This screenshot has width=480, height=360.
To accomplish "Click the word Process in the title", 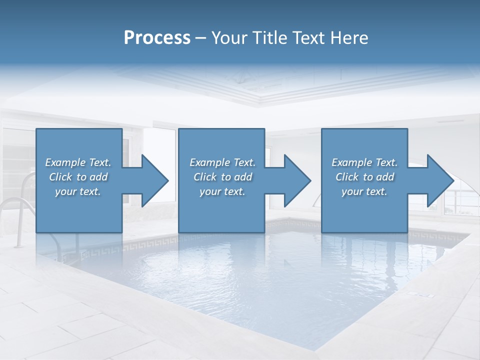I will (157, 38).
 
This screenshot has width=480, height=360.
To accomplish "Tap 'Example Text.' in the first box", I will (78, 162).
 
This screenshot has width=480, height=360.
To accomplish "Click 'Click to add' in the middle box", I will (222, 177).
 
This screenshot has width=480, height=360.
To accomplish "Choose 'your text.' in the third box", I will (364, 191).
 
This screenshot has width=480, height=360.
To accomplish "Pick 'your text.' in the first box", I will (78, 191).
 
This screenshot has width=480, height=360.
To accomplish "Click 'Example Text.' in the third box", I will (364, 162).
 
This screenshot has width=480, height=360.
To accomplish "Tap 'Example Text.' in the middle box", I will (222, 162).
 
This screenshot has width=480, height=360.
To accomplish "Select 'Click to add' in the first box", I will (78, 177).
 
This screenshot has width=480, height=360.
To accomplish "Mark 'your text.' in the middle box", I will (222, 191).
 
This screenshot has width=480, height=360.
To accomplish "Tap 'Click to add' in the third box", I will (364, 177).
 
